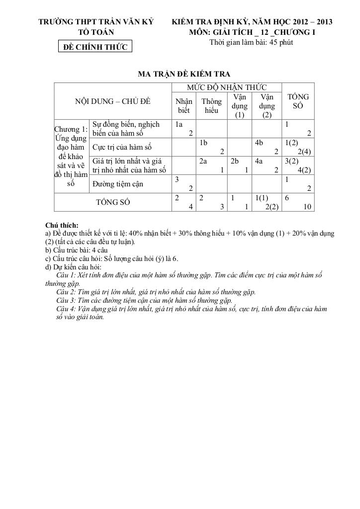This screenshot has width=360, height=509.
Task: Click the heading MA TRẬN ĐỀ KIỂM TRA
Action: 183,75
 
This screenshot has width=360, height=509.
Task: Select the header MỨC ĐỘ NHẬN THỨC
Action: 226,87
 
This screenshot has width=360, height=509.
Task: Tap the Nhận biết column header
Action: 184,106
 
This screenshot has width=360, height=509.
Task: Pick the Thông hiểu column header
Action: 211,106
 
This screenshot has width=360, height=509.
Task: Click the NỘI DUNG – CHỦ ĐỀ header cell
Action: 112,101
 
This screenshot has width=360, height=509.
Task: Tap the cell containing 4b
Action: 267,147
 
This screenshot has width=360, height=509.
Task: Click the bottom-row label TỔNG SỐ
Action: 113,202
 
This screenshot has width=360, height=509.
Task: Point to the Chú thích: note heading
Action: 62,225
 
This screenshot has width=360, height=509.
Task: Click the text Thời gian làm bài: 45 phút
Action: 251,42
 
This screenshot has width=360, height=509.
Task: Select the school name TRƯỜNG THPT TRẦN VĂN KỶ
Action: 96,22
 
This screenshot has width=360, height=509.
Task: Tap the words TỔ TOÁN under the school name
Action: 96,32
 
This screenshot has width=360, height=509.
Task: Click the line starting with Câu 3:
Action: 144,300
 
